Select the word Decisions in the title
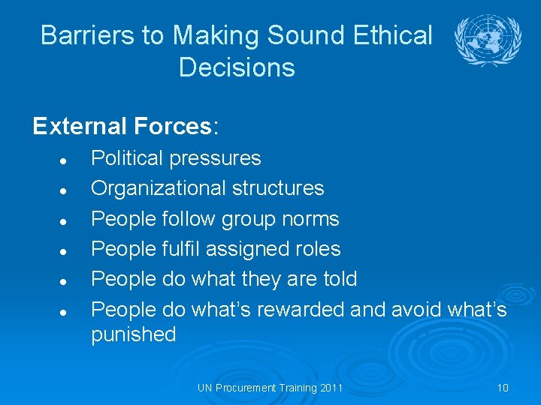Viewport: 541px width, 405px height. click(237, 67)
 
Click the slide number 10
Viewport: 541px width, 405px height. click(503, 388)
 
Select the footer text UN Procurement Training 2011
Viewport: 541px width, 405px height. click(270, 388)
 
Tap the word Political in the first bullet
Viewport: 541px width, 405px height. click(126, 158)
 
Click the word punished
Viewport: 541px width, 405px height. click(134, 334)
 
